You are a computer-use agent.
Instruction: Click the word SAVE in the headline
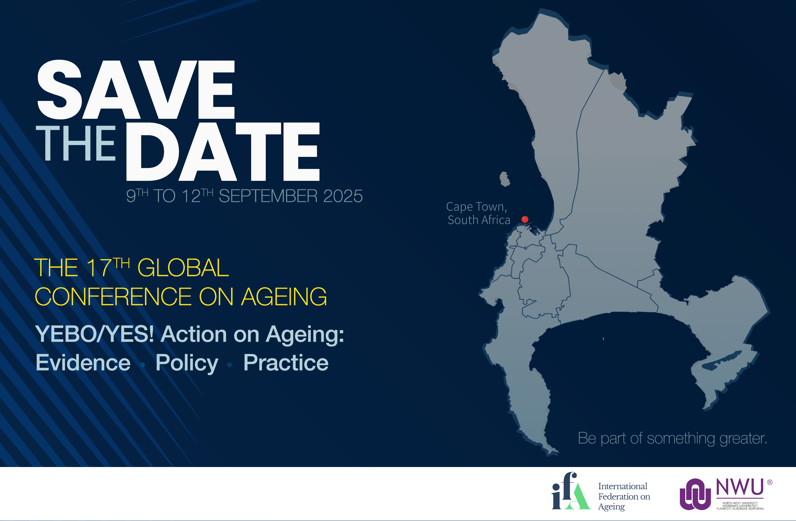pos(136,89)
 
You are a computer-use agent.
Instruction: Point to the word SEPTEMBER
pos(268,196)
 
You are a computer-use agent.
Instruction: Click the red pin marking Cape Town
pos(525,219)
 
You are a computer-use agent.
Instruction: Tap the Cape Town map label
pos(476,207)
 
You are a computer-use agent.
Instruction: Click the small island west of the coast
pos(505,179)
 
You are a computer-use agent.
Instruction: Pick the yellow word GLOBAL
pos(183,268)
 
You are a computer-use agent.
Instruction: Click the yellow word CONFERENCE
pos(113,297)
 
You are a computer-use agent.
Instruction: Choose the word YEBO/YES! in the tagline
pos(95,334)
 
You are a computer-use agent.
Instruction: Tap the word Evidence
pos(83,363)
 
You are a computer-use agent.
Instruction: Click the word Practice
pos(286,363)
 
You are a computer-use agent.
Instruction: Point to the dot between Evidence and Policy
pos(143,365)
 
